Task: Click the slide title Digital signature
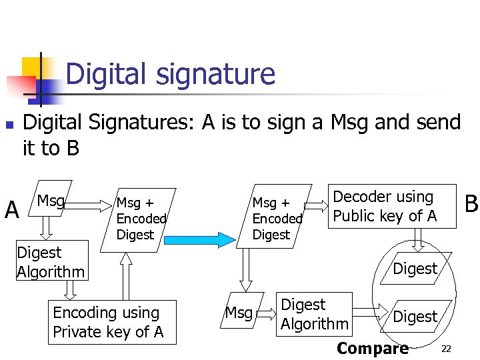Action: click(x=170, y=73)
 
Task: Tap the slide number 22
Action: click(x=446, y=349)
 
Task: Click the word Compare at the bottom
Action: click(x=373, y=348)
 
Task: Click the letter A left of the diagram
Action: click(x=12, y=211)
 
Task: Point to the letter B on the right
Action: click(x=471, y=204)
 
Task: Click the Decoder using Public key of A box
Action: click(x=391, y=206)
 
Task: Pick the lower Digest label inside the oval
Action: click(x=415, y=317)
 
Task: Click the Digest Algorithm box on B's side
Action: click(x=314, y=314)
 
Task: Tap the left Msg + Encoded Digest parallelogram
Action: click(x=139, y=218)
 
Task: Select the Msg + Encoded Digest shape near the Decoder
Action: click(x=275, y=218)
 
